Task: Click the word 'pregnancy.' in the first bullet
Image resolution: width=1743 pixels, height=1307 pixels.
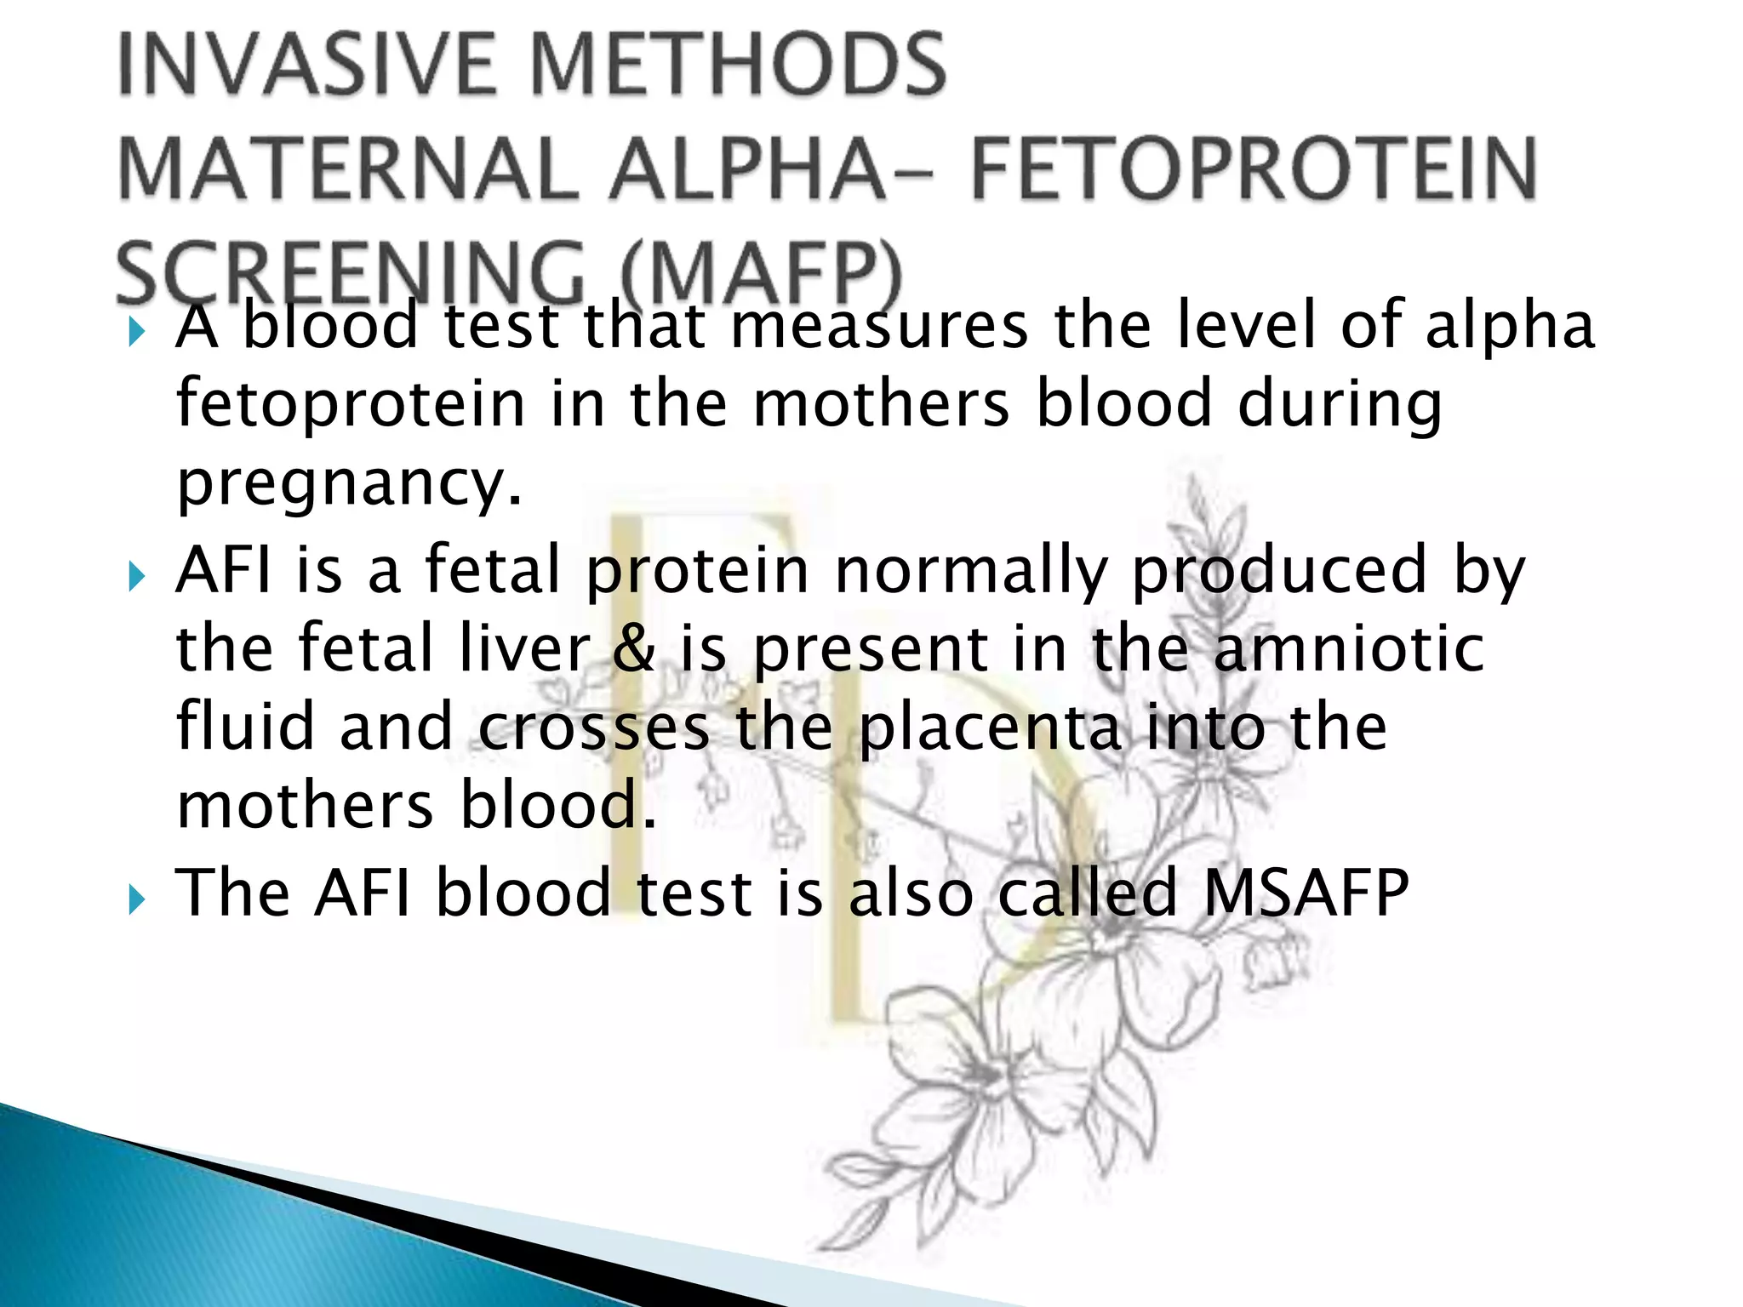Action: click(x=349, y=483)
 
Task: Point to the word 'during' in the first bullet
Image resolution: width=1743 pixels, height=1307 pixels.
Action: click(x=1340, y=404)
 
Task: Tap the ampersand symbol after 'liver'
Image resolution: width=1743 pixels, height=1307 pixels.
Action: click(x=634, y=648)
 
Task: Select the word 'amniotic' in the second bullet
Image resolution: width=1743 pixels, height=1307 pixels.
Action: click(x=1349, y=648)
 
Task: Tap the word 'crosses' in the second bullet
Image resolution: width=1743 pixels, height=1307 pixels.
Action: click(x=593, y=728)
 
